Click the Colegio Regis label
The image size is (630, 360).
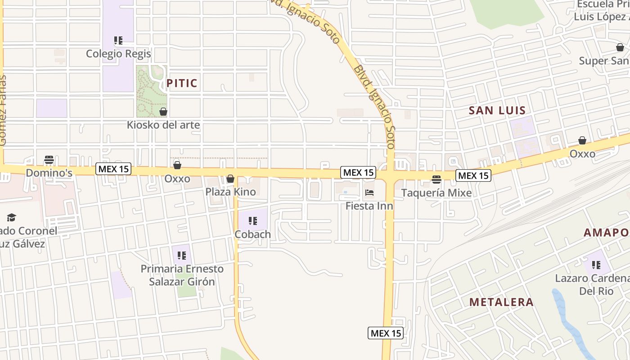pos(118,54)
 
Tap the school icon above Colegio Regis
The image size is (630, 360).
pos(118,41)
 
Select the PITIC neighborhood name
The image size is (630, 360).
pos(182,83)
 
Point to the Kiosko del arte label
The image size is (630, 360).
pos(163,125)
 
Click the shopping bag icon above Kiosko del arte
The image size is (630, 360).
pos(163,111)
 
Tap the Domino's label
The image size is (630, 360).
pos(49,173)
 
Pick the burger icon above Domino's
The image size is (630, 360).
pos(49,160)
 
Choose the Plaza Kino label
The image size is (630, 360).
pos(230,192)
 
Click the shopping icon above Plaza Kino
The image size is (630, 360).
pos(230,179)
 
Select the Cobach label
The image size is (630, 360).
pos(252,234)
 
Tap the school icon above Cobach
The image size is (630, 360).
pos(253,221)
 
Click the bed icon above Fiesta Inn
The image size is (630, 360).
pos(369,193)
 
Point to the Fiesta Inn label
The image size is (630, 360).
pos(369,206)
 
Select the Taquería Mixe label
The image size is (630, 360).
pos(436,193)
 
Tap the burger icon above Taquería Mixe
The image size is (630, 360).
pos(436,180)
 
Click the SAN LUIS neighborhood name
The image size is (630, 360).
pos(497,110)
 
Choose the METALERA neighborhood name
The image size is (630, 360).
pos(501,302)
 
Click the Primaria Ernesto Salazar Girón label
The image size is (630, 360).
pos(182,275)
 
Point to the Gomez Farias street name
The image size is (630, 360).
pos(3,111)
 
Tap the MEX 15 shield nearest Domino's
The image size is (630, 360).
pos(113,169)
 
